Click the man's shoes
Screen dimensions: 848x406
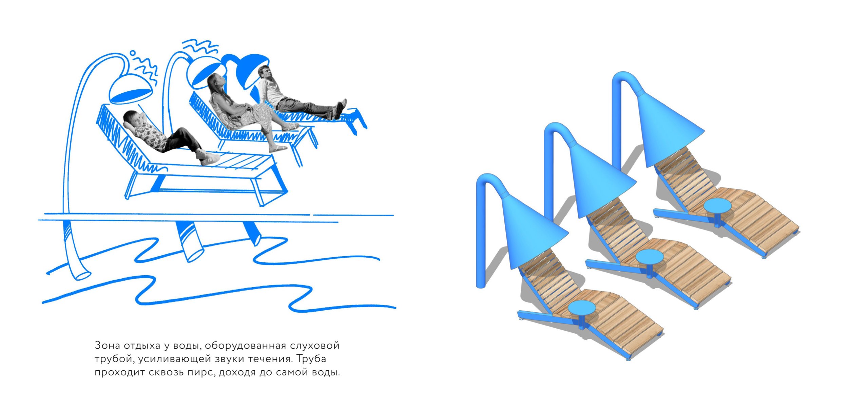(341, 108)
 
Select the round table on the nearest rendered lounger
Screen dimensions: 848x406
(581, 308)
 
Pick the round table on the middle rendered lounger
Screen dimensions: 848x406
(649, 257)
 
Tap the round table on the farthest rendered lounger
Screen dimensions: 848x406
(717, 206)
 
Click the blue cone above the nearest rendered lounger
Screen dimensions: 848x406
(533, 231)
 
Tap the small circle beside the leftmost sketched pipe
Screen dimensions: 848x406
(133, 53)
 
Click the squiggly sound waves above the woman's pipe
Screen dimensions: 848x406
(200, 47)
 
